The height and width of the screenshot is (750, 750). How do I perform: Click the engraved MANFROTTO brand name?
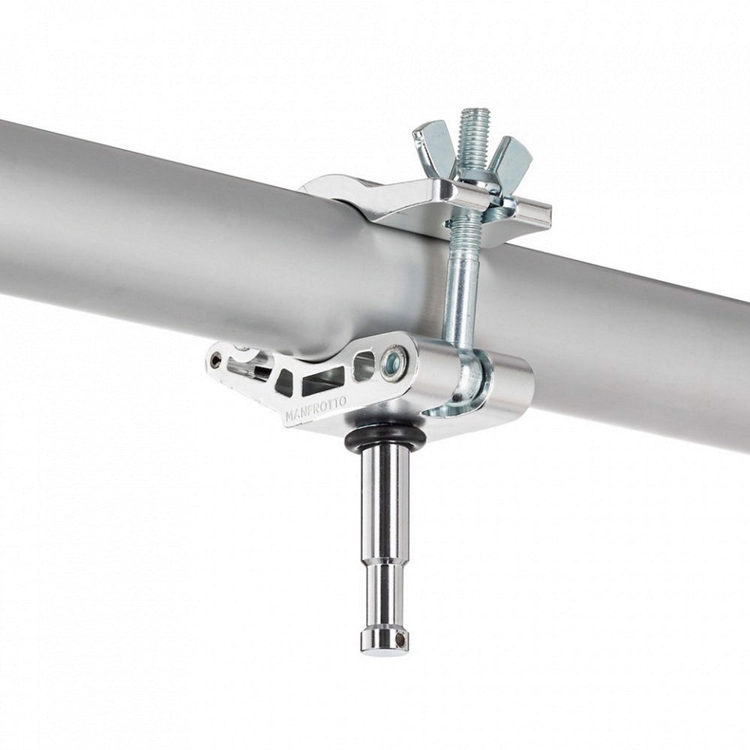point(316,409)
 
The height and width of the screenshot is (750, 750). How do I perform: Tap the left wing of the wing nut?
point(433,148)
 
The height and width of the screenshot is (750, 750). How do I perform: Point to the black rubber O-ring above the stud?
point(385,436)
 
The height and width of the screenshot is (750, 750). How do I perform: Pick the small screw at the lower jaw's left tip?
point(217,357)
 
